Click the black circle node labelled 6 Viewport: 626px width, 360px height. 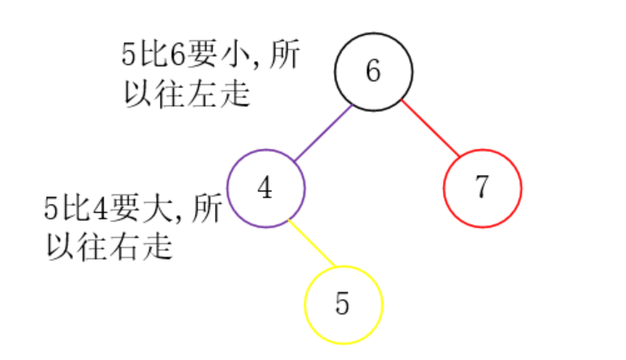pos(374,72)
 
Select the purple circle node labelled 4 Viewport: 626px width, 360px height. pos(266,188)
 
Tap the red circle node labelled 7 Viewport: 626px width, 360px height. pos(482,188)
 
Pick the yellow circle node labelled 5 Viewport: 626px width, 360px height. pos(343,305)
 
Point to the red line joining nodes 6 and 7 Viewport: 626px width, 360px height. pos(431,129)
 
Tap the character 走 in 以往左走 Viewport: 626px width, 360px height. pos(236,93)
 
